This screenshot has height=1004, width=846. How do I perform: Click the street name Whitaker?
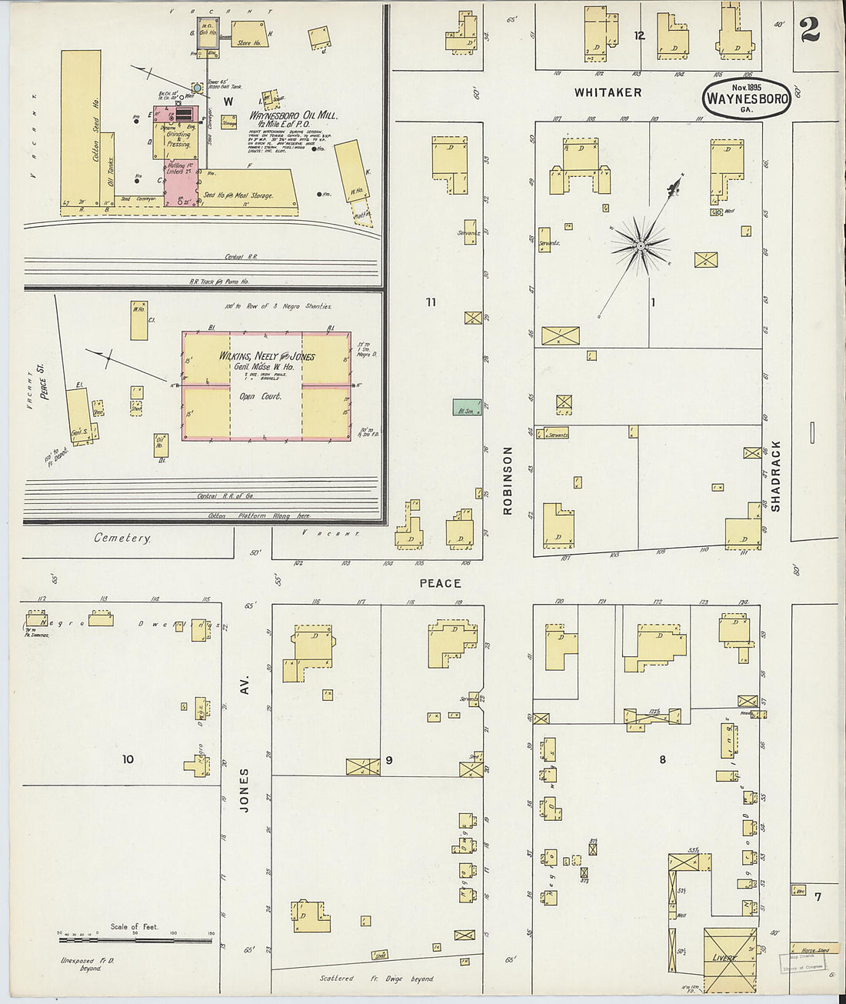[x=608, y=92]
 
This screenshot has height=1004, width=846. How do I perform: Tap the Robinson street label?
[x=508, y=479]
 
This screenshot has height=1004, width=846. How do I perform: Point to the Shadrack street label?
[x=775, y=475]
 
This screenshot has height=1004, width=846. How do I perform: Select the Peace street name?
[x=440, y=584]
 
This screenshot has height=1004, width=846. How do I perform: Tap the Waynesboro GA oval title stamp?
[x=746, y=99]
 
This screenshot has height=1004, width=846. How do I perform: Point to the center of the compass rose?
[x=639, y=245]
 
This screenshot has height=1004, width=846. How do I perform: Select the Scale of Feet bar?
[x=135, y=933]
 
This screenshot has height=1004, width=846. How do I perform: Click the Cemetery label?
[x=122, y=538]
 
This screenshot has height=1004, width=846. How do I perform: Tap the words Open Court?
[x=260, y=396]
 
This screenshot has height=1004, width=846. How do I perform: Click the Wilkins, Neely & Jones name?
[x=267, y=356]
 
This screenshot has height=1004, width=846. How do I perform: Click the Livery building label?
[x=724, y=958]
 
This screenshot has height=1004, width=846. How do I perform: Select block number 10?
[x=128, y=759]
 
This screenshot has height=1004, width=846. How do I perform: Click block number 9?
[x=389, y=760]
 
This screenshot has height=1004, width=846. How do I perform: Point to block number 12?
[x=639, y=35]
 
